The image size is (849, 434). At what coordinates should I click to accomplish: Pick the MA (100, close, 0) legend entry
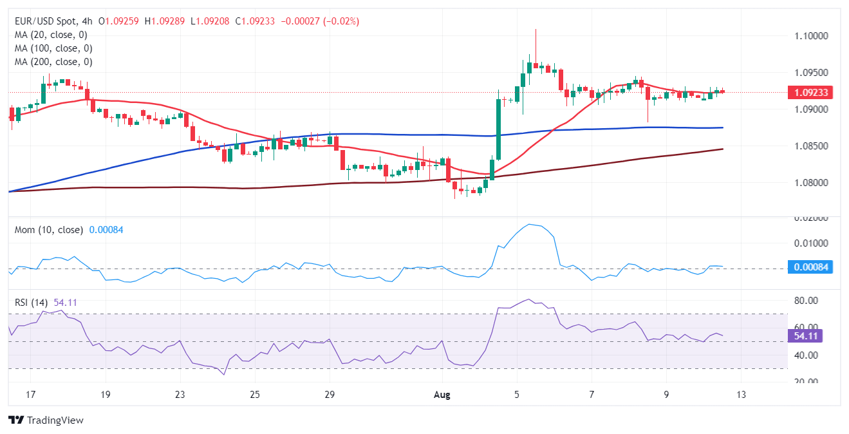point(53,48)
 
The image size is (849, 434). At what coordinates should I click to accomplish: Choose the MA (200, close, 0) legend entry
point(53,62)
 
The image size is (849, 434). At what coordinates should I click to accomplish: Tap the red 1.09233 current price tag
point(810,93)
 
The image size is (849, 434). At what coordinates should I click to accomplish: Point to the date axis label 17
point(31,394)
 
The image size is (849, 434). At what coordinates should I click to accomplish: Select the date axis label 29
point(330,394)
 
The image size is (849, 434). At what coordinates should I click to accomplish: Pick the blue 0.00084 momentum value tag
point(810,267)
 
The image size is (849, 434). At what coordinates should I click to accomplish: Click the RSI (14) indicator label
point(32,301)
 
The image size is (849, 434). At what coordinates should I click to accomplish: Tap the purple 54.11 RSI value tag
point(806,335)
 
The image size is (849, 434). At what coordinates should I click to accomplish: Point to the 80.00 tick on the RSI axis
point(805,301)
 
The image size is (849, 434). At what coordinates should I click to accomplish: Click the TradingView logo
point(46,420)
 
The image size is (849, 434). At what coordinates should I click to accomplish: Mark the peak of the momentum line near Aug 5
point(530,224)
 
